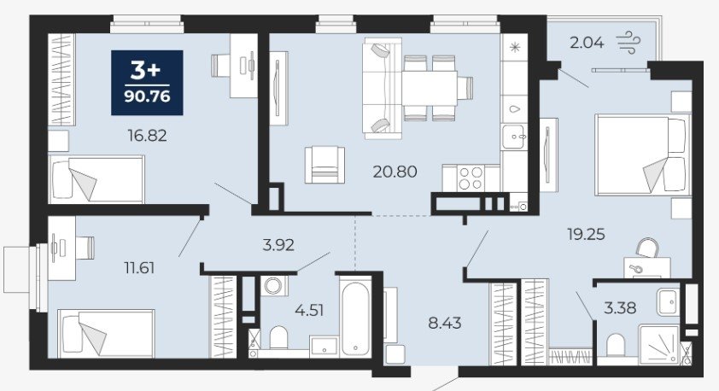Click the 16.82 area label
pos(147,135)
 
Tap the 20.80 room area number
pos(395,172)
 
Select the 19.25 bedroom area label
pos(586,234)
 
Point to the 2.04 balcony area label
pos(587,43)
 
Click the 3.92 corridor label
pos(278,245)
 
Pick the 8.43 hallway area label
pos(445,323)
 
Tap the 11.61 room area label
pos(139,268)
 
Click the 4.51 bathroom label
pos(309,311)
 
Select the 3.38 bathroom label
pos(620,307)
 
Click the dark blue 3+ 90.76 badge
pos(147,83)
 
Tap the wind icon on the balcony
pos(628,42)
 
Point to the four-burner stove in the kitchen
pos(471,178)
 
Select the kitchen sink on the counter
pos(515,136)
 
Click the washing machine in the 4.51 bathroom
pos(274,286)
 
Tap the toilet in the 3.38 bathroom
pos(616,345)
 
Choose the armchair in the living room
pos(324,165)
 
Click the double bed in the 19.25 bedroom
pos(643,155)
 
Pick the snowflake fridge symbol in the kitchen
pos(516,47)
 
